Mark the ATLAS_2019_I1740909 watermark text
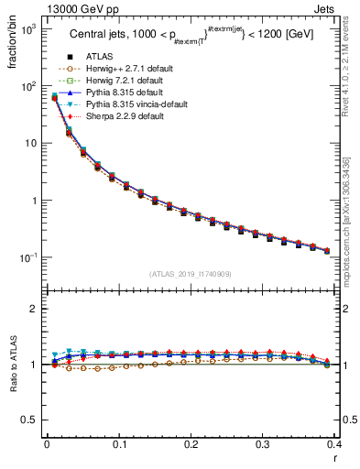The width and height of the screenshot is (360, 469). [x=191, y=274]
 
